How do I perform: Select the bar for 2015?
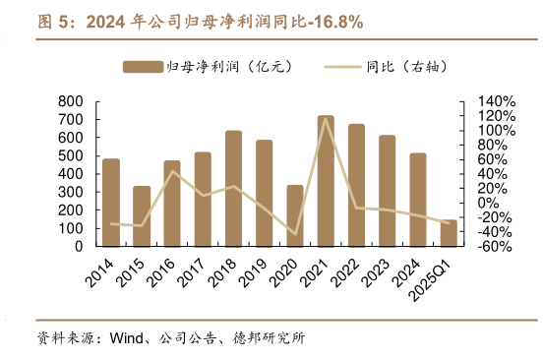point(142,216)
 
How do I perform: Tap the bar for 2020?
point(295,215)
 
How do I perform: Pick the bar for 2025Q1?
point(449,233)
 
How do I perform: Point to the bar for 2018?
point(233,189)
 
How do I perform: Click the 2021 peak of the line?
point(326,119)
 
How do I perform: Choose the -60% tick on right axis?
point(495,246)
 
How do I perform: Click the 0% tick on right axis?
point(487,203)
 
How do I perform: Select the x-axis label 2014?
point(98,271)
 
